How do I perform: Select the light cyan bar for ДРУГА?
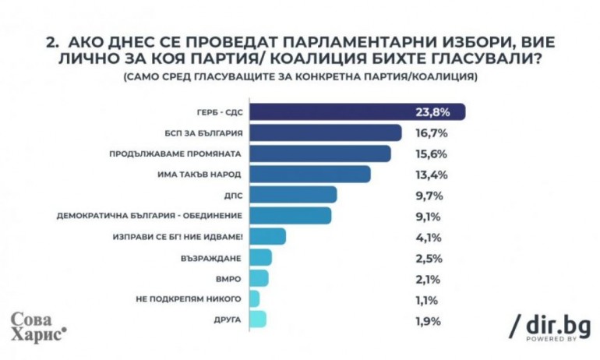[258, 319]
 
